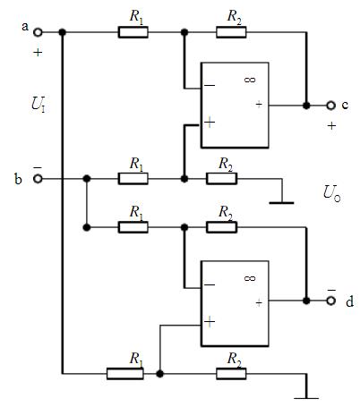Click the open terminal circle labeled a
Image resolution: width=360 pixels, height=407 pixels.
click(x=38, y=32)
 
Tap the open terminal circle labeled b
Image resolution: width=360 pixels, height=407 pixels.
click(x=38, y=179)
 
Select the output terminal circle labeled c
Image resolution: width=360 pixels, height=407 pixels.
click(x=330, y=106)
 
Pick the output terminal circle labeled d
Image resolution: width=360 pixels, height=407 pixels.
click(x=330, y=301)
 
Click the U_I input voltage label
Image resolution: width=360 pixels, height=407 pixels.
click(x=39, y=105)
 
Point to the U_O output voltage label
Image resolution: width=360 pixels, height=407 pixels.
click(x=332, y=193)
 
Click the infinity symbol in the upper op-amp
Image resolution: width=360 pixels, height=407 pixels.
click(x=250, y=80)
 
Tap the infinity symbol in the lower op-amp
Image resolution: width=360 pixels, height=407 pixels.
click(x=250, y=278)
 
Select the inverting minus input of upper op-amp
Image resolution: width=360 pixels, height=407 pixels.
click(x=210, y=86)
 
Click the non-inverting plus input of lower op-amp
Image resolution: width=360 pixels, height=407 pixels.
click(x=210, y=321)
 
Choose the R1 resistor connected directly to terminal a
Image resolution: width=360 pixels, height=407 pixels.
click(x=133, y=32)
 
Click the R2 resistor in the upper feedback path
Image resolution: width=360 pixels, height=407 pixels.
click(x=231, y=32)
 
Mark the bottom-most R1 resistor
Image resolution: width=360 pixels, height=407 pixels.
click(x=125, y=374)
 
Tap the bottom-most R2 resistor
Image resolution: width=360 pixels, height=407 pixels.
click(x=231, y=374)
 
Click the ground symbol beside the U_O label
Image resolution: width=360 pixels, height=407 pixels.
click(x=281, y=203)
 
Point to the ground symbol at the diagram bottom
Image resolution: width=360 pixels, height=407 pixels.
click(x=306, y=397)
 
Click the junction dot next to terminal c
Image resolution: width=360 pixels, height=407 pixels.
click(x=306, y=106)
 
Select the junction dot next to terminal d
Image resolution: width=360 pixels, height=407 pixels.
click(x=306, y=301)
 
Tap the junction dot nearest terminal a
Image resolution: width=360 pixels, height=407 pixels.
click(x=62, y=32)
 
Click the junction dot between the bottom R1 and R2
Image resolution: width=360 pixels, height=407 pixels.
click(x=160, y=374)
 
